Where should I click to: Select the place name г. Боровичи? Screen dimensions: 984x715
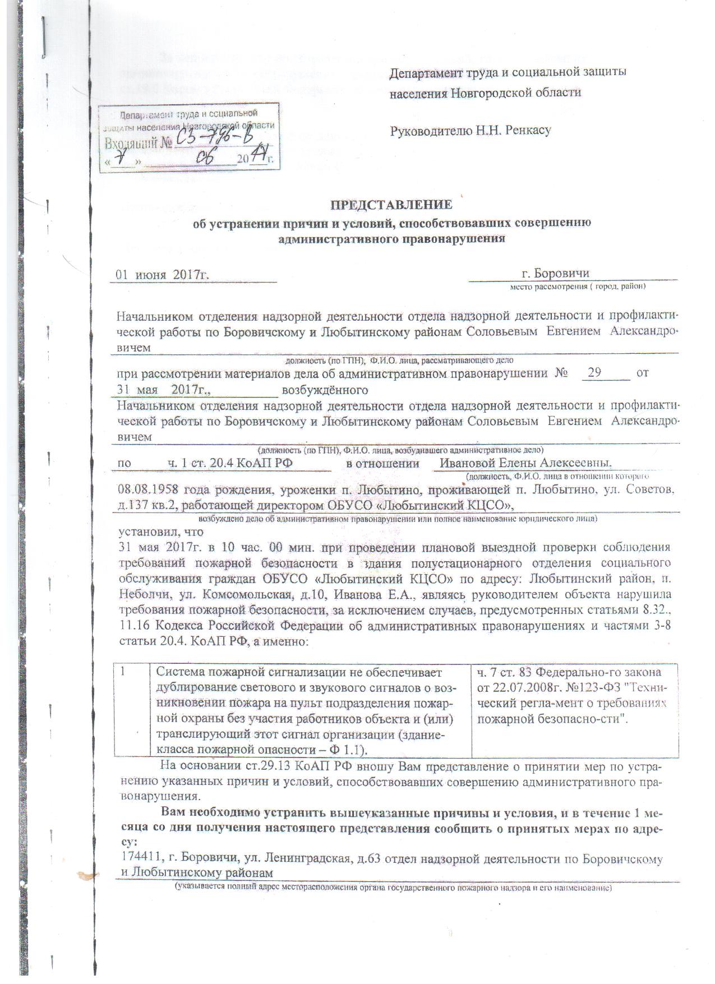(x=555, y=274)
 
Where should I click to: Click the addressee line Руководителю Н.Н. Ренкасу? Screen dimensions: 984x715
(x=470, y=131)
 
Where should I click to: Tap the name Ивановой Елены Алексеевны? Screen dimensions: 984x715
(x=525, y=463)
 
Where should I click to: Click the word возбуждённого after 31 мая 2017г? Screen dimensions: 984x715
(x=325, y=390)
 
